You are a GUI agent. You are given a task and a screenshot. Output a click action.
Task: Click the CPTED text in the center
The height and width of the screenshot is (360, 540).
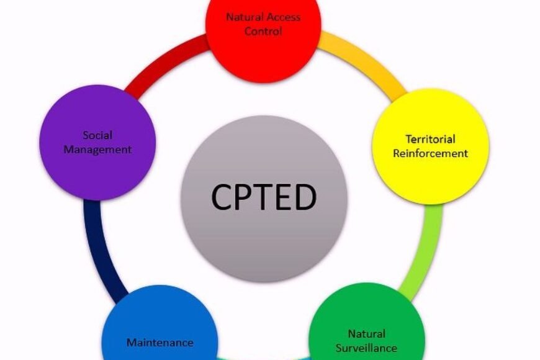coord(264,197)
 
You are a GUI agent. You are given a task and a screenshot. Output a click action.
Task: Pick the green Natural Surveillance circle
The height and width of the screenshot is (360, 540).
coord(366,332)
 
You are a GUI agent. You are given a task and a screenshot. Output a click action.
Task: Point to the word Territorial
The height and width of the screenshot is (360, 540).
coord(430,139)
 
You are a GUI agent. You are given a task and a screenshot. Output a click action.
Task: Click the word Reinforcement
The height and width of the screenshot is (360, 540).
coord(430,153)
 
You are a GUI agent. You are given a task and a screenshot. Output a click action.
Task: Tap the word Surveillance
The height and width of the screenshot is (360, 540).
coord(366,348)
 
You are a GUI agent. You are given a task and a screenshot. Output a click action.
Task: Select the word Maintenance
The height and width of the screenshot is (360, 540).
coord(160,342)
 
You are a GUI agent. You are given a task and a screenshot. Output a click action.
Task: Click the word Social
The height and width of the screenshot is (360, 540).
coord(97,135)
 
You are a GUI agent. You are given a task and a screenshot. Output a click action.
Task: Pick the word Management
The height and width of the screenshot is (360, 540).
coord(97,149)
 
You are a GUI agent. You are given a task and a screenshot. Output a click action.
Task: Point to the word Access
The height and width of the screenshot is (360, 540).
coord(284,17)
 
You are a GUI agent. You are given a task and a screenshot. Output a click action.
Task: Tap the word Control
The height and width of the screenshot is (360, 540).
coord(263,31)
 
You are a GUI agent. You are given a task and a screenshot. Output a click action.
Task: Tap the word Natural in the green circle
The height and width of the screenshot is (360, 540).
coord(366,334)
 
